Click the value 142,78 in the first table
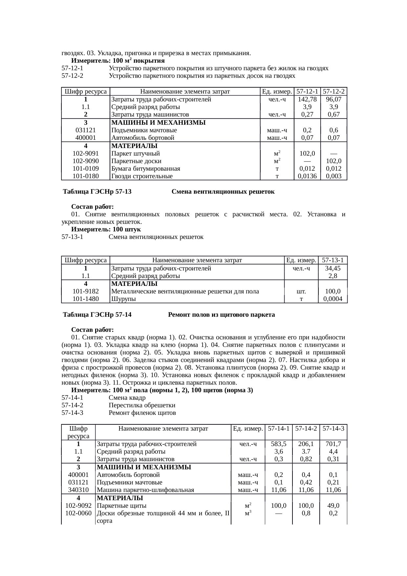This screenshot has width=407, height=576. [307, 99]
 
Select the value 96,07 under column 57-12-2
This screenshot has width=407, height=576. [334, 99]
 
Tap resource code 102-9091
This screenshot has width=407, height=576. [85, 153]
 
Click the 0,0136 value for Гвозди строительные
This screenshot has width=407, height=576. [307, 176]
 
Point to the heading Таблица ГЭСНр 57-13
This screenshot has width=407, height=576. [97, 192]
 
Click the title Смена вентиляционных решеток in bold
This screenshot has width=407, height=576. [223, 192]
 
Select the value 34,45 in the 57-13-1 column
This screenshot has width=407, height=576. [332, 268]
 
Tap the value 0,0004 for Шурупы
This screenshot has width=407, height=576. [332, 299]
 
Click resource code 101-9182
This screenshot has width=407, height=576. [85, 291]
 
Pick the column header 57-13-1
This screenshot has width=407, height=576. [332, 260]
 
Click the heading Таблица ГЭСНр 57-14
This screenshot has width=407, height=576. [97, 315]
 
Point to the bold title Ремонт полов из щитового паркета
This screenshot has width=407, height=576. [221, 315]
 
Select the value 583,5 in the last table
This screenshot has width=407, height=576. [278, 444]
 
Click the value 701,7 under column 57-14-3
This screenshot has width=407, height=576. [333, 444]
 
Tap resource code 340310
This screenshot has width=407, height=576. [78, 490]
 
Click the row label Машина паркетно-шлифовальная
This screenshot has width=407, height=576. [145, 490]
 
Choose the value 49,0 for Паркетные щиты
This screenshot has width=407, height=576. [333, 506]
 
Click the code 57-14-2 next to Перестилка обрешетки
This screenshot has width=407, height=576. [72, 405]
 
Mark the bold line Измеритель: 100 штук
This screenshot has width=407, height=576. [106, 229]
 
